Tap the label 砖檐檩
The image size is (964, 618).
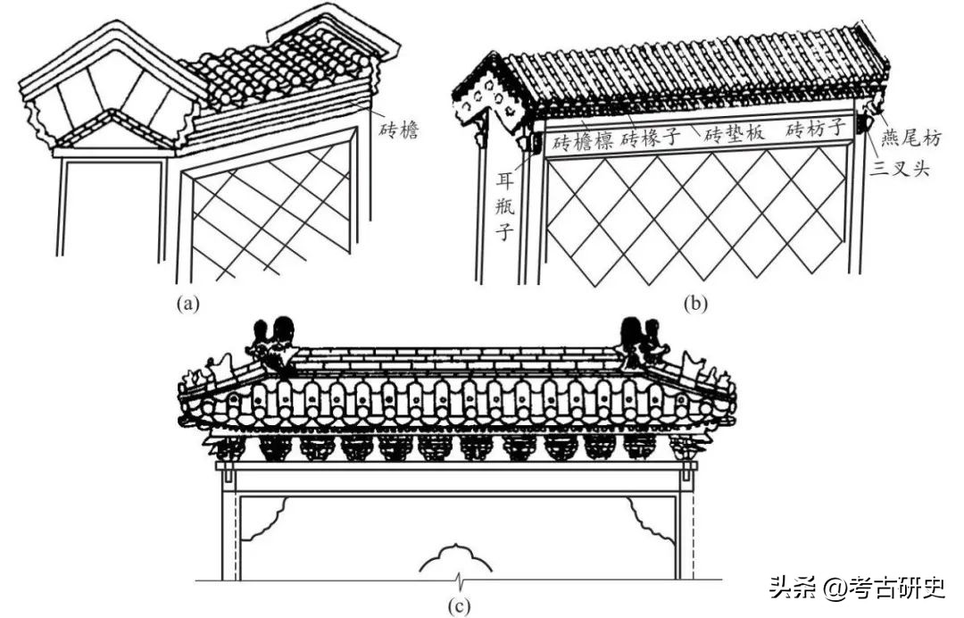click(582, 140)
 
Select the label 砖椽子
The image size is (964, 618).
click(652, 137)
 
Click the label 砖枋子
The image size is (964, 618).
click(817, 130)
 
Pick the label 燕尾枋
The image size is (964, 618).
click(910, 137)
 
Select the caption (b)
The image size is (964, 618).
click(694, 303)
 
